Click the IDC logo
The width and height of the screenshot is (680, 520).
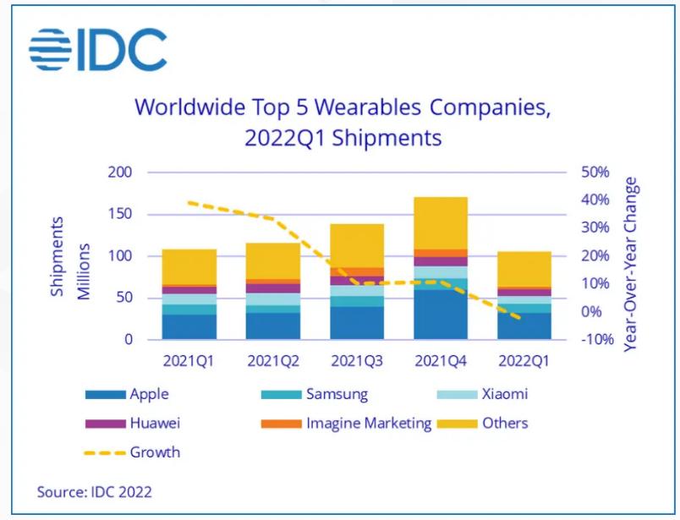point(98,50)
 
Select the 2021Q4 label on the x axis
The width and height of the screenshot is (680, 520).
point(441,361)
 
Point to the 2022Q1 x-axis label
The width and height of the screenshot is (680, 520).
point(524,361)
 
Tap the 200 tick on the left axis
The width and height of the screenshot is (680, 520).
point(122,172)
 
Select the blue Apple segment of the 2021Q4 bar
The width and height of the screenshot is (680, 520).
point(441,314)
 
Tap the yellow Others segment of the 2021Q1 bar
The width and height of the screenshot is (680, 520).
point(189,266)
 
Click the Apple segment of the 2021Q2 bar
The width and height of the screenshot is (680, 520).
point(273,326)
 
